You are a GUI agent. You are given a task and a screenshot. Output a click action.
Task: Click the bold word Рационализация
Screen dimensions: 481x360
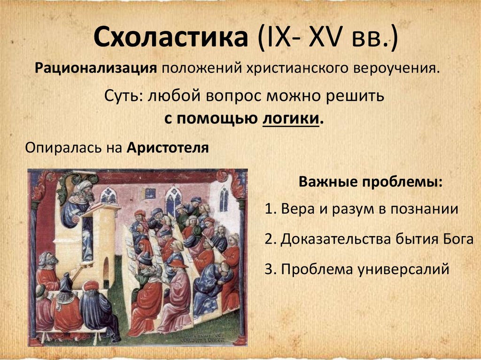(96, 68)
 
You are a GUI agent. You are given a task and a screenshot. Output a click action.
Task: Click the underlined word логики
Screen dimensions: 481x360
(291, 118)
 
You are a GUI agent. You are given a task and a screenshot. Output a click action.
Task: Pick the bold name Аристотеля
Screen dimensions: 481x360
(168, 147)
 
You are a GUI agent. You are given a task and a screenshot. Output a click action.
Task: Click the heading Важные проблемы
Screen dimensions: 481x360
(371, 182)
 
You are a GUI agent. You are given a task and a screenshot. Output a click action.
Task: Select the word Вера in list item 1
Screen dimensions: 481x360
(296, 209)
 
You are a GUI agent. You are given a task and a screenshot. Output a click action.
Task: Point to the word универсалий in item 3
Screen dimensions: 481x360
(403, 269)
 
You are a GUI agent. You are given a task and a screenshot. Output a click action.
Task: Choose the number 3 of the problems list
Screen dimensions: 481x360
(269, 269)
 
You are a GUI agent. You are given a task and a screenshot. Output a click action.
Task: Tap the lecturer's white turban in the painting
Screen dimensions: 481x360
(84, 185)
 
